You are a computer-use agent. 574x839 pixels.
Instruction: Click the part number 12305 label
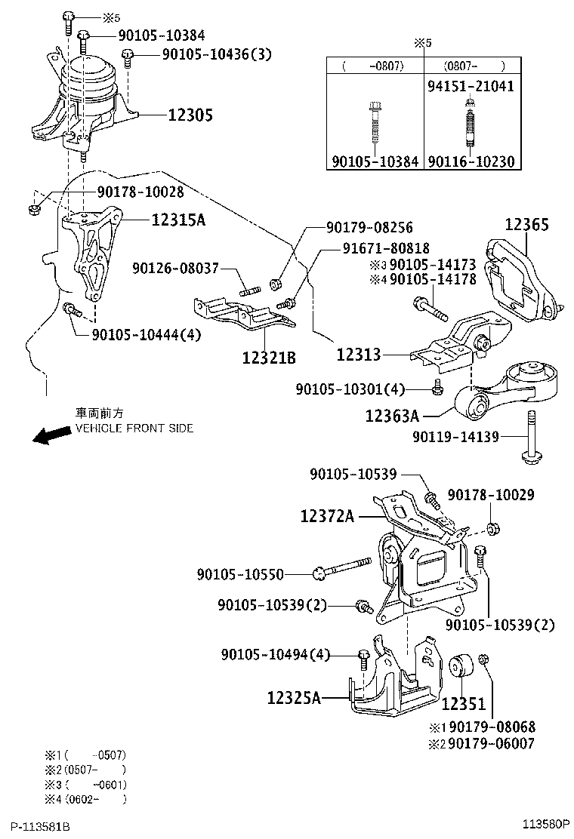[x=190, y=115]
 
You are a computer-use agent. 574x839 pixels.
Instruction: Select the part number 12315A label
[x=179, y=220]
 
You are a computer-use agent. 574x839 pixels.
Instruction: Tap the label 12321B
[x=269, y=356]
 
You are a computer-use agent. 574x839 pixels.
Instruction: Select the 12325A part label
[x=294, y=699]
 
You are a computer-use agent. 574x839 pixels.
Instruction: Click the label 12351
[x=464, y=704]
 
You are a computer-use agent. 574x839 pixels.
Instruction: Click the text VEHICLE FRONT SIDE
[x=134, y=428]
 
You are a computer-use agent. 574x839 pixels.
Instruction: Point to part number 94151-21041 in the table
[x=471, y=86]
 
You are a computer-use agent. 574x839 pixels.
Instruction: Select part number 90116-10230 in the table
[x=471, y=161]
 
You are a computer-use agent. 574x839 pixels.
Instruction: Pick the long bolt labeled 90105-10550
[x=343, y=567]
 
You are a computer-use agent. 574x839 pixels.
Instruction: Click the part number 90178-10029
[x=491, y=495]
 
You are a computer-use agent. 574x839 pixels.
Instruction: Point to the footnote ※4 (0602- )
[x=85, y=798]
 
